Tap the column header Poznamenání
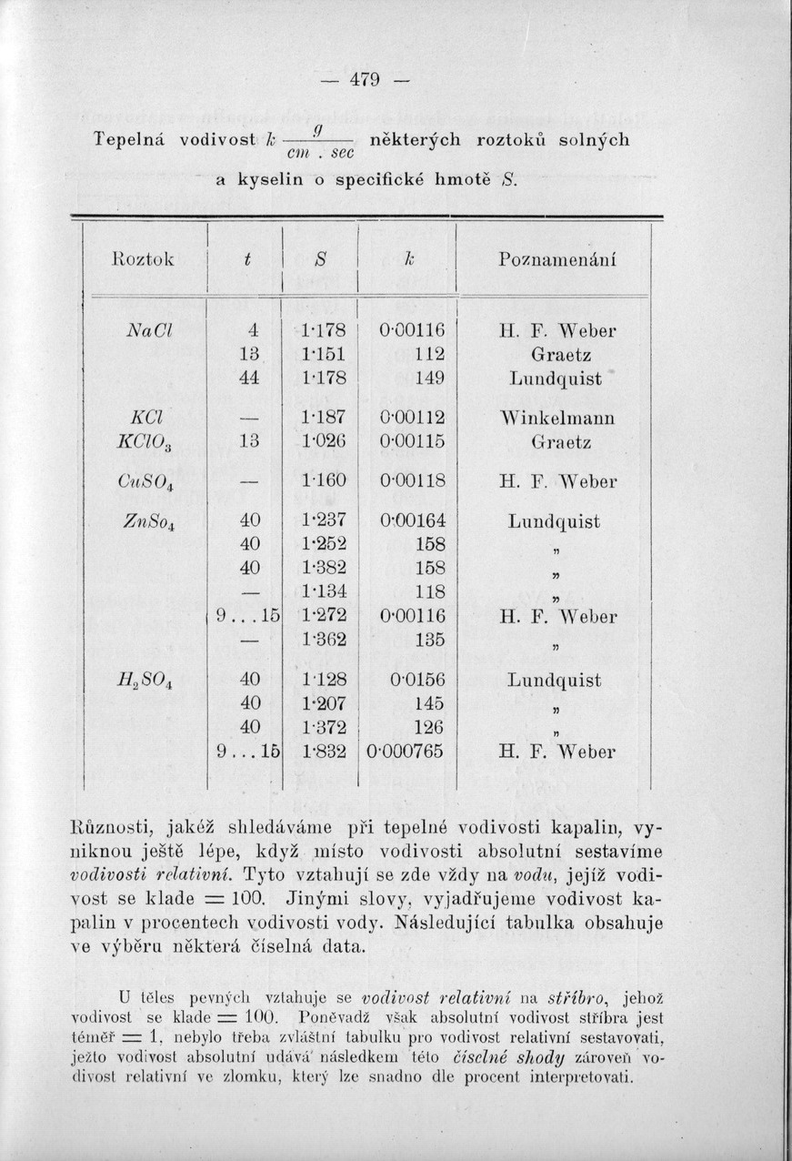(x=557, y=259)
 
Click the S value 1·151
(x=325, y=354)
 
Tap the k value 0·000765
(x=403, y=752)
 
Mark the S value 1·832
(x=325, y=752)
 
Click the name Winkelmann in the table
(x=558, y=419)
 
